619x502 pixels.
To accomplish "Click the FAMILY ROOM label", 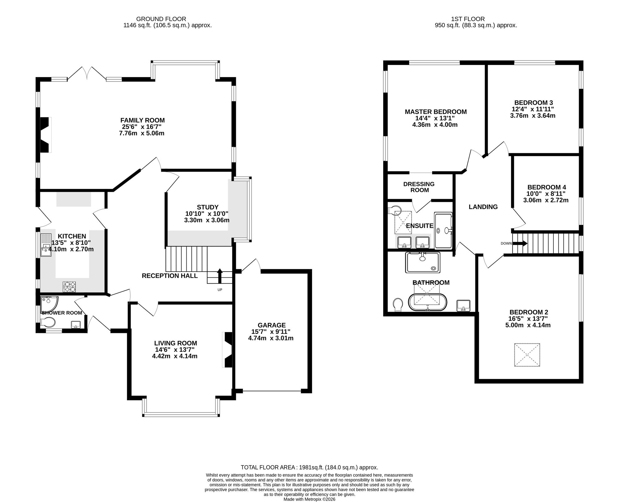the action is coord(142,120).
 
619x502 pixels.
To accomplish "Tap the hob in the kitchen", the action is coord(69,286).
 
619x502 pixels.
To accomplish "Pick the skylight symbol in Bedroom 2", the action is coord(527,355).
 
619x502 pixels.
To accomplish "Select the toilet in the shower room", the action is coord(48,322).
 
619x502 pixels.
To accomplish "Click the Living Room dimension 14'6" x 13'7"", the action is coord(175,350).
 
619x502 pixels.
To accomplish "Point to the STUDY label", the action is coord(208,207).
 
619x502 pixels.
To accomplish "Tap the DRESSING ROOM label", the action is coord(419,187).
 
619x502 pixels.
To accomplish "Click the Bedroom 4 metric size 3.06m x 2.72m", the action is coord(546,200).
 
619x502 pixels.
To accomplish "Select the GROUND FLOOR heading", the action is coord(161,19).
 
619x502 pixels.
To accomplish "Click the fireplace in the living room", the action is coord(227,350).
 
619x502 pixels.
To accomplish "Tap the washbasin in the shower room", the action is coord(76,325).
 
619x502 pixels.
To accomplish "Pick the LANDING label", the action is coord(483,207).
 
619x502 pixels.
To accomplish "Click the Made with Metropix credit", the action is coord(309,499).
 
